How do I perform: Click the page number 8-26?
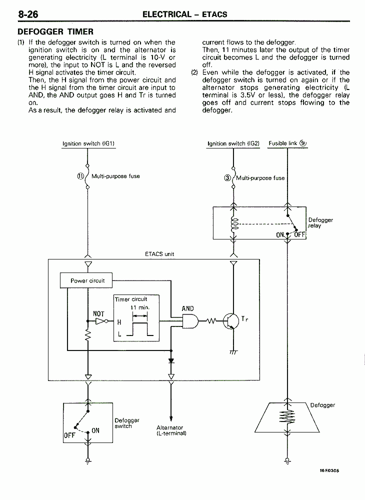pyautogui.click(x=28, y=14)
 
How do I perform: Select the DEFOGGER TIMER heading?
pyautogui.click(x=55, y=31)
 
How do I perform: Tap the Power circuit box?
pyautogui.click(x=86, y=280)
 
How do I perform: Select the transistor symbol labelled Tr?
pyautogui.click(x=231, y=321)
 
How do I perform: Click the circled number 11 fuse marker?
pyautogui.click(x=80, y=176)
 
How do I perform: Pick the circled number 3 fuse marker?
pyautogui.click(x=227, y=178)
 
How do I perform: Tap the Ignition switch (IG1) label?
pyautogui.click(x=88, y=143)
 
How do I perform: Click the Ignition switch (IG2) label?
pyautogui.click(x=233, y=143)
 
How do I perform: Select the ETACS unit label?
pyautogui.click(x=159, y=254)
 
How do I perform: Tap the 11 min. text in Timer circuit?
pyautogui.click(x=139, y=307)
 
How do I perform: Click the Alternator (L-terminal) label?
pyautogui.click(x=171, y=430)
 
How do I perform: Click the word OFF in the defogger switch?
pyautogui.click(x=69, y=435)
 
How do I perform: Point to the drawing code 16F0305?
pyautogui.click(x=329, y=470)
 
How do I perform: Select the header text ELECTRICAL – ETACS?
pyautogui.click(x=185, y=14)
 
